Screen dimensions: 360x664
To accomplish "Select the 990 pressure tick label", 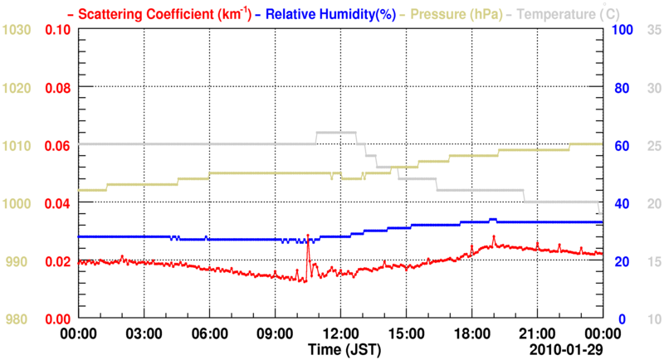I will coord(19,261).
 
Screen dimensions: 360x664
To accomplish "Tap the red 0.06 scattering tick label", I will coord(56,145).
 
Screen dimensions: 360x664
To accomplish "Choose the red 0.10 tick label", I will coord(56,30).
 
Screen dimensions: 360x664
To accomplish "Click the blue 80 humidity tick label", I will coord(623,88).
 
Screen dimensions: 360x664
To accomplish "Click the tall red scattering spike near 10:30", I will coord(308,239).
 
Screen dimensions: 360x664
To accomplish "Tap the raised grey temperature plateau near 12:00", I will coord(336,132).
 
